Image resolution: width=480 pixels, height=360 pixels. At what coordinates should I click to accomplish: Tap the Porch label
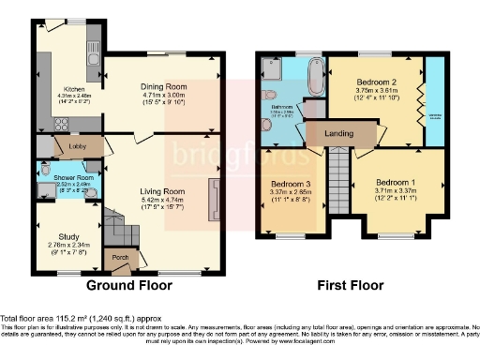tap(120, 257)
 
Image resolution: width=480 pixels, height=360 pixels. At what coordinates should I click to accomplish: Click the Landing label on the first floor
tap(338, 134)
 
